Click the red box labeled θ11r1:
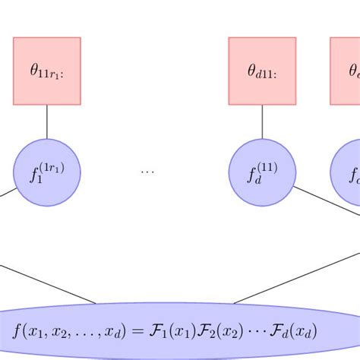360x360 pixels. click(47, 71)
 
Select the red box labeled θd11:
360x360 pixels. click(262, 71)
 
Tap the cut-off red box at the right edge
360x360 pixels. click(346, 71)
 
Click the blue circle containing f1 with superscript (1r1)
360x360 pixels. click(47, 172)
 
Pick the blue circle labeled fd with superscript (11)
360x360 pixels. click(262, 172)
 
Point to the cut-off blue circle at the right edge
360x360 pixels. click(346, 172)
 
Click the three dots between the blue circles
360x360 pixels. click(147, 172)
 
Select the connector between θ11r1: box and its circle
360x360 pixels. click(47, 122)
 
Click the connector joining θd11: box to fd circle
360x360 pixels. click(263, 122)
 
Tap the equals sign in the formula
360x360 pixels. click(137, 331)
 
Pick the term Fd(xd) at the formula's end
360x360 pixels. click(294, 331)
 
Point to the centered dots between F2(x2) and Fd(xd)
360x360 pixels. click(251, 331)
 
